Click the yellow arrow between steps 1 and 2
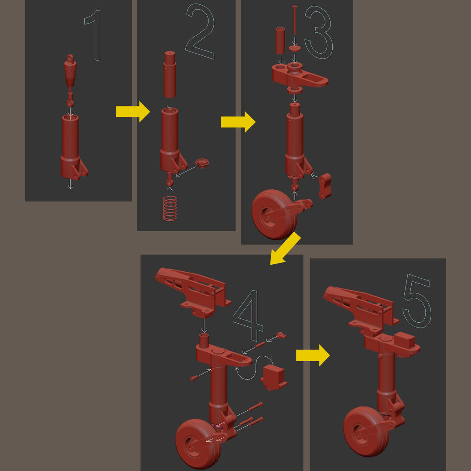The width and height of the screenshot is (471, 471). point(133,112)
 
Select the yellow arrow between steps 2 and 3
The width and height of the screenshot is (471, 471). point(238,122)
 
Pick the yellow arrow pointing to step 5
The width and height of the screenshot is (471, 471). point(313,355)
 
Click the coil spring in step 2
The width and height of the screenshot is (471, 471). point(170,208)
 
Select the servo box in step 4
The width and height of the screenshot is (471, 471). point(273,377)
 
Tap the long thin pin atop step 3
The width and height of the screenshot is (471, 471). point(295,20)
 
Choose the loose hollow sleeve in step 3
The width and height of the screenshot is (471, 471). point(280,41)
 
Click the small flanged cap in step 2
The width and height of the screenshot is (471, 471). point(202,163)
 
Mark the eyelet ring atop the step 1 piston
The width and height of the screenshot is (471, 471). point(70,58)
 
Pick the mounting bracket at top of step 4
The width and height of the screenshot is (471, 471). point(192,291)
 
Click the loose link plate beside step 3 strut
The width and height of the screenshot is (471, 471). point(325,186)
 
